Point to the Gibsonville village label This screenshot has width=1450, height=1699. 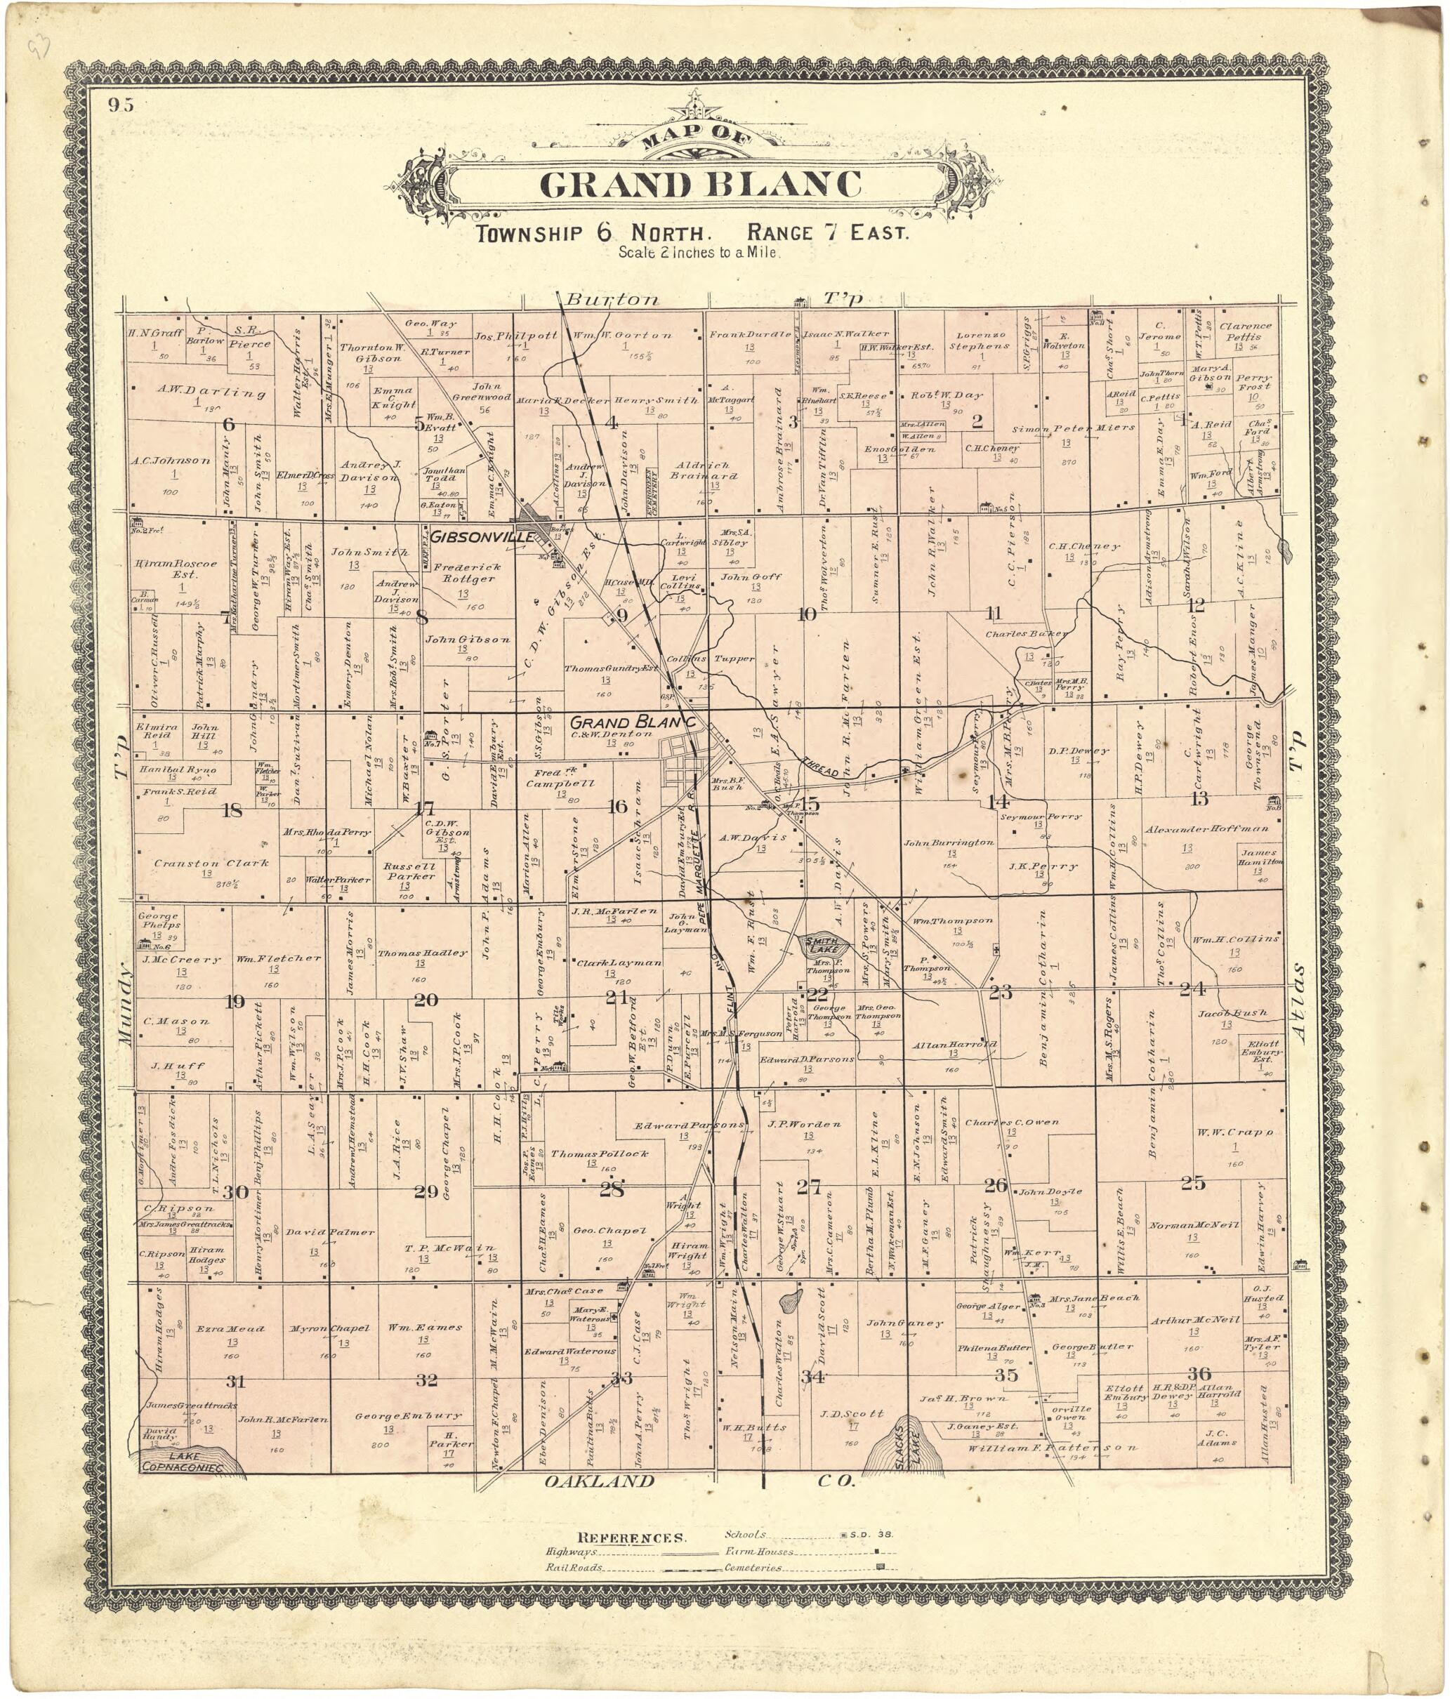(x=482, y=537)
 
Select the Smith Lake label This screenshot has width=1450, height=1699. (x=821, y=942)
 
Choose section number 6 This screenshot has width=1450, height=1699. (x=228, y=425)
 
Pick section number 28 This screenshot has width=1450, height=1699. (x=611, y=1190)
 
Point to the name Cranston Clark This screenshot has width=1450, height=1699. (x=211, y=864)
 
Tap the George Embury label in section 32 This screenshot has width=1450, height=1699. (x=409, y=1415)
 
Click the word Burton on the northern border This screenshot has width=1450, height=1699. (x=612, y=299)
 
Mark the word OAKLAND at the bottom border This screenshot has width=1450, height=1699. (x=600, y=1481)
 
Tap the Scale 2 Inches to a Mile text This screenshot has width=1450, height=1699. (x=699, y=253)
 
